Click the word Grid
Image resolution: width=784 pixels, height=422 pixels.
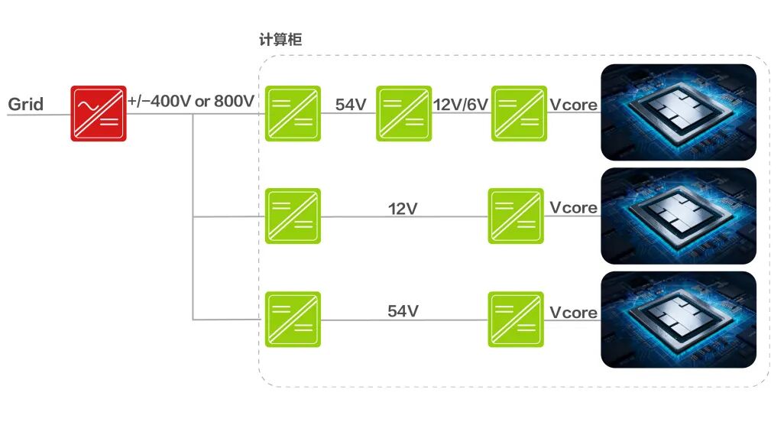tap(26, 104)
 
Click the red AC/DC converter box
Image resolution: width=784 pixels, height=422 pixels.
tap(99, 113)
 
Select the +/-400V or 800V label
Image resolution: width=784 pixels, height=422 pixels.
tap(191, 102)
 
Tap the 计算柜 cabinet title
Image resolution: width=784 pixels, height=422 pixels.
tap(280, 40)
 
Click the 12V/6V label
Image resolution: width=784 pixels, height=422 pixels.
tap(461, 105)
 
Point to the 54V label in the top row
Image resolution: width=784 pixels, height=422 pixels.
tap(351, 105)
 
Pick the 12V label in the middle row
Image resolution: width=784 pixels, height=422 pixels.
tap(403, 208)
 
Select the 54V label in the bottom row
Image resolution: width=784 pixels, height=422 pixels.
tap(403, 311)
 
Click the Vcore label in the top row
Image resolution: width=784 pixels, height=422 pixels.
tap(574, 105)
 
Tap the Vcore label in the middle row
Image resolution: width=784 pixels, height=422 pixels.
tap(574, 208)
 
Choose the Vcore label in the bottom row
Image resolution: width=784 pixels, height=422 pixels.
tap(574, 312)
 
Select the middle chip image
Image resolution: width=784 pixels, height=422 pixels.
tap(679, 216)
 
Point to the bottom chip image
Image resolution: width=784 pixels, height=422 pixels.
tap(679, 320)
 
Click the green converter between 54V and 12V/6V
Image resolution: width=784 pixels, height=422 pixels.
tap(403, 113)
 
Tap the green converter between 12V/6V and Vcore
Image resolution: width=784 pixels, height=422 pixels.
tap(519, 113)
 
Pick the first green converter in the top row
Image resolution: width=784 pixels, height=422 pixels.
tap(293, 113)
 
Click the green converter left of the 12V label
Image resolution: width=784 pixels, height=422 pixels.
tap(293, 216)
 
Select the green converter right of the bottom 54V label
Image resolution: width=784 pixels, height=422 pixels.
tap(516, 320)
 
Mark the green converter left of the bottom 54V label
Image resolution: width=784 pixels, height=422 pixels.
tap(293, 320)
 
